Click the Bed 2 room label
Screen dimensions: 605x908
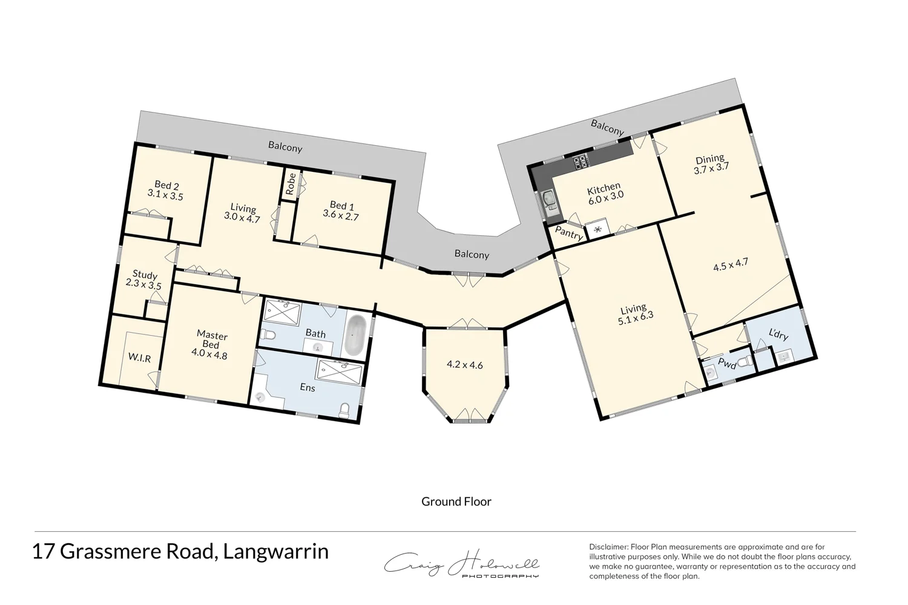[166, 185]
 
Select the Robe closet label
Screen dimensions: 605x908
[291, 183]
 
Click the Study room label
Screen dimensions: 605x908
[145, 275]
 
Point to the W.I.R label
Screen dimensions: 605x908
[139, 358]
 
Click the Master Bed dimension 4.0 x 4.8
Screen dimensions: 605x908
[209, 355]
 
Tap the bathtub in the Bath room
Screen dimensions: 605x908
[355, 335]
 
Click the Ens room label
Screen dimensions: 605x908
[308, 387]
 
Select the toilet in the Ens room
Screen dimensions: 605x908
[344, 411]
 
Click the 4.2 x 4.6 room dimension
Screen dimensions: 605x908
[464, 365]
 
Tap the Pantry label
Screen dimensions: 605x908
[569, 234]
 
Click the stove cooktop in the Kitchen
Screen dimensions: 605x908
[581, 162]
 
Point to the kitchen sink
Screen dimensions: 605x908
[549, 199]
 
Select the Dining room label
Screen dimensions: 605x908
[709, 159]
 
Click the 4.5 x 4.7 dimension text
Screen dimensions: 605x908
[731, 264]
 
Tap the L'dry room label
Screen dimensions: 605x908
[778, 334]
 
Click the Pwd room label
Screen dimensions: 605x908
[727, 364]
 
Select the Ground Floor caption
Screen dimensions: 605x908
[456, 502]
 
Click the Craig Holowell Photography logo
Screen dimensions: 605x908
[462, 565]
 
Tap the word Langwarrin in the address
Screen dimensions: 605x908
[276, 552]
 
